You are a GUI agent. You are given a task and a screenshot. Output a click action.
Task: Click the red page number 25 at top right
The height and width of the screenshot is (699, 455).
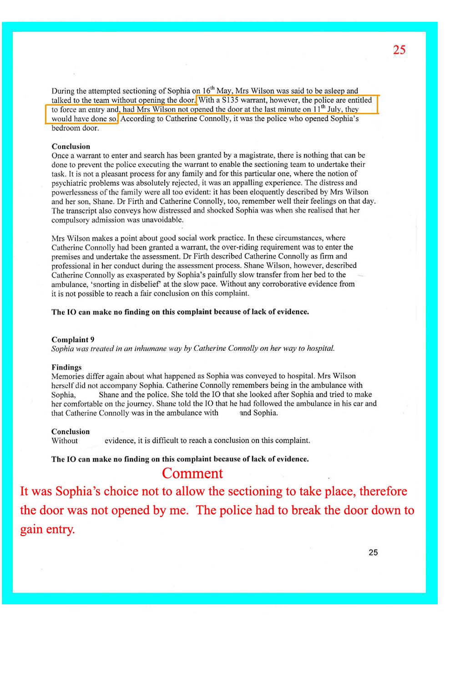coord(399,50)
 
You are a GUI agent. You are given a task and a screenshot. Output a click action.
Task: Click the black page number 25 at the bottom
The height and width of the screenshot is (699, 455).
coord(373,552)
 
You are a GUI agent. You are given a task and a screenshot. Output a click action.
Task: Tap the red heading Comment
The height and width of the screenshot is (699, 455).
coord(192,473)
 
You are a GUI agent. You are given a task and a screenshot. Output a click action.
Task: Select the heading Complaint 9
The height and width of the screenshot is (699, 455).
coord(73,339)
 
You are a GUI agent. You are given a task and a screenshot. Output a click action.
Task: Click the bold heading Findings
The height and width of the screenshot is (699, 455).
coord(66,367)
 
